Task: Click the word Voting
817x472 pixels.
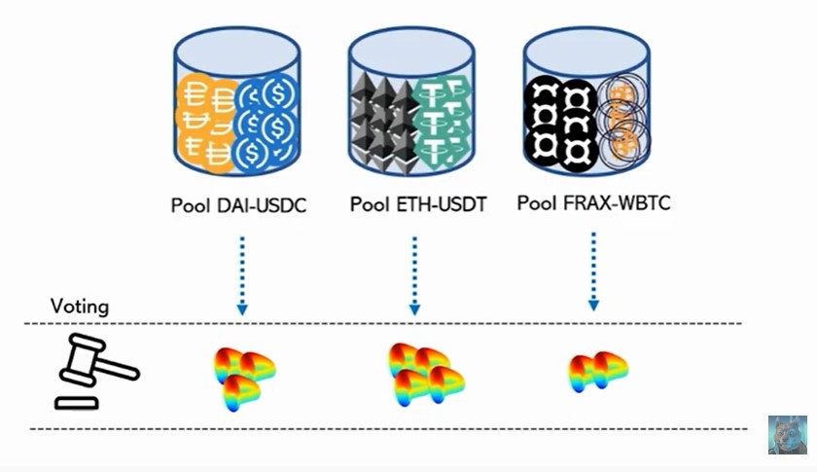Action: pyautogui.click(x=80, y=308)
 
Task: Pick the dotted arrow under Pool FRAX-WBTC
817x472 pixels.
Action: pyautogui.click(x=593, y=273)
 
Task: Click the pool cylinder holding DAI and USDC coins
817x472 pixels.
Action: pyautogui.click(x=237, y=103)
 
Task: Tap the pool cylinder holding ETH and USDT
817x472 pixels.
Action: pyautogui.click(x=411, y=103)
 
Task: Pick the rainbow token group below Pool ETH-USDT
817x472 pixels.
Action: pyautogui.click(x=426, y=374)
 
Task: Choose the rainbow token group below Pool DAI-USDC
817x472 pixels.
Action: pyautogui.click(x=243, y=376)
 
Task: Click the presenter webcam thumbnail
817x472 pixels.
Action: pyautogui.click(x=787, y=435)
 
